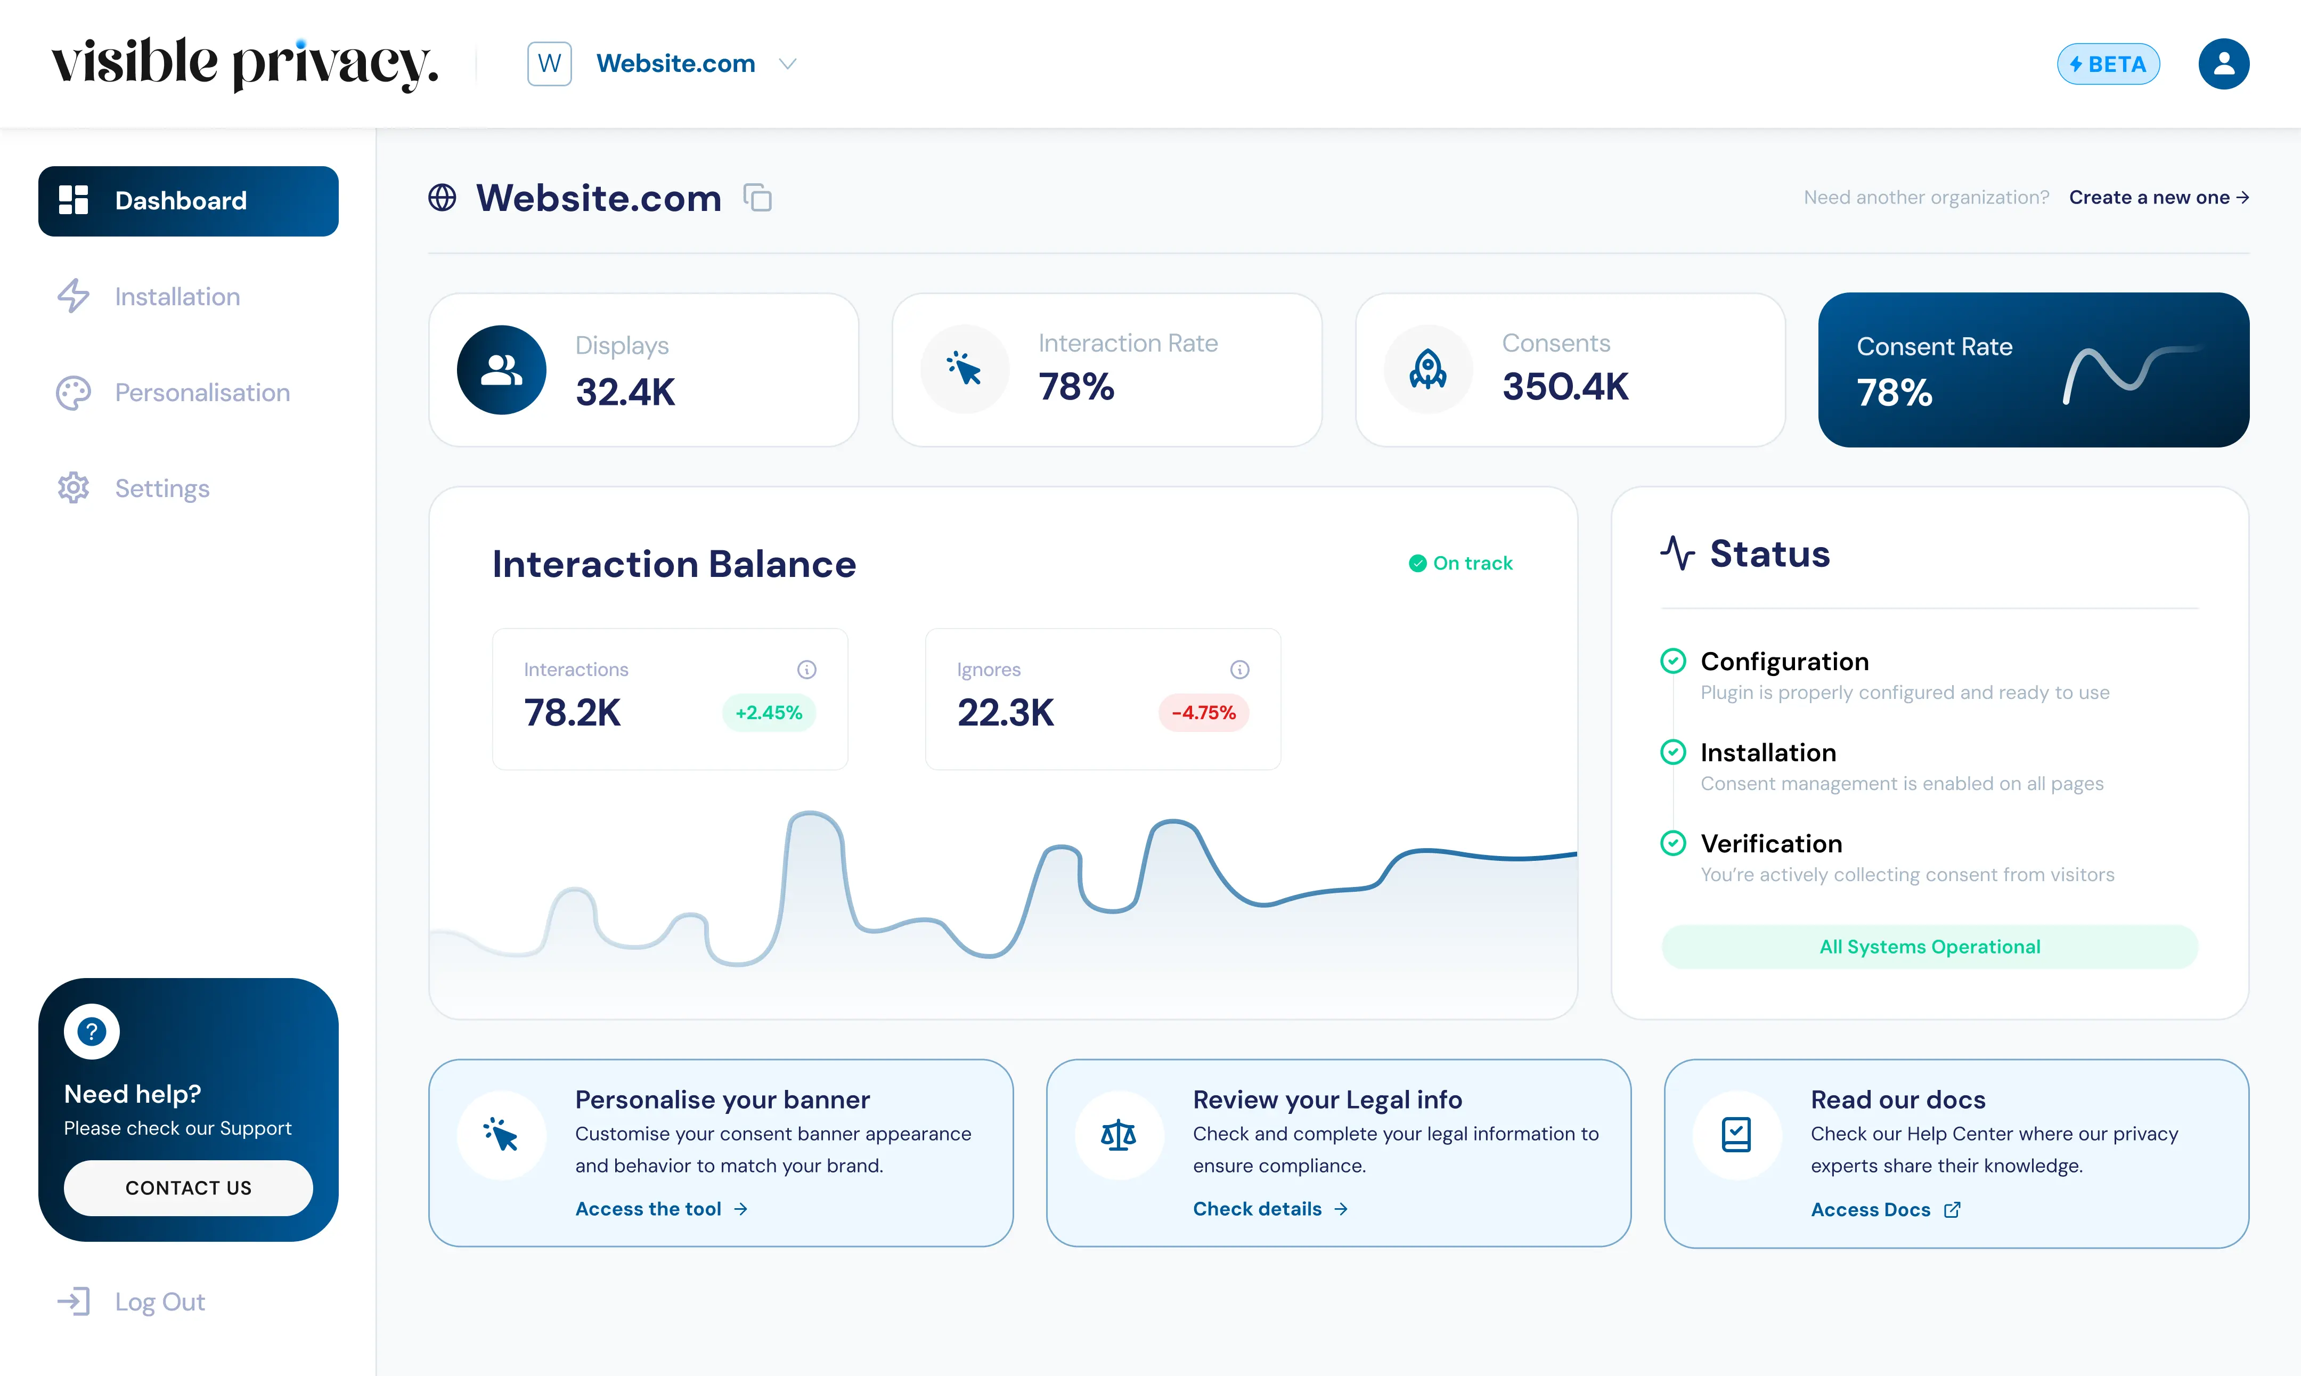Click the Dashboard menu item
point(188,201)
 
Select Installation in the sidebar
point(176,297)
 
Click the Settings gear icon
point(74,488)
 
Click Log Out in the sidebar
point(159,1302)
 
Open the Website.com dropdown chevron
point(787,64)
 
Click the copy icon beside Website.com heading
point(757,198)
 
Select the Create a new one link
point(2157,198)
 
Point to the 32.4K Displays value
point(625,392)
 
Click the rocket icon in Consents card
point(1427,370)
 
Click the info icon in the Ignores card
point(1239,670)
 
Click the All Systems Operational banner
point(1929,947)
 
